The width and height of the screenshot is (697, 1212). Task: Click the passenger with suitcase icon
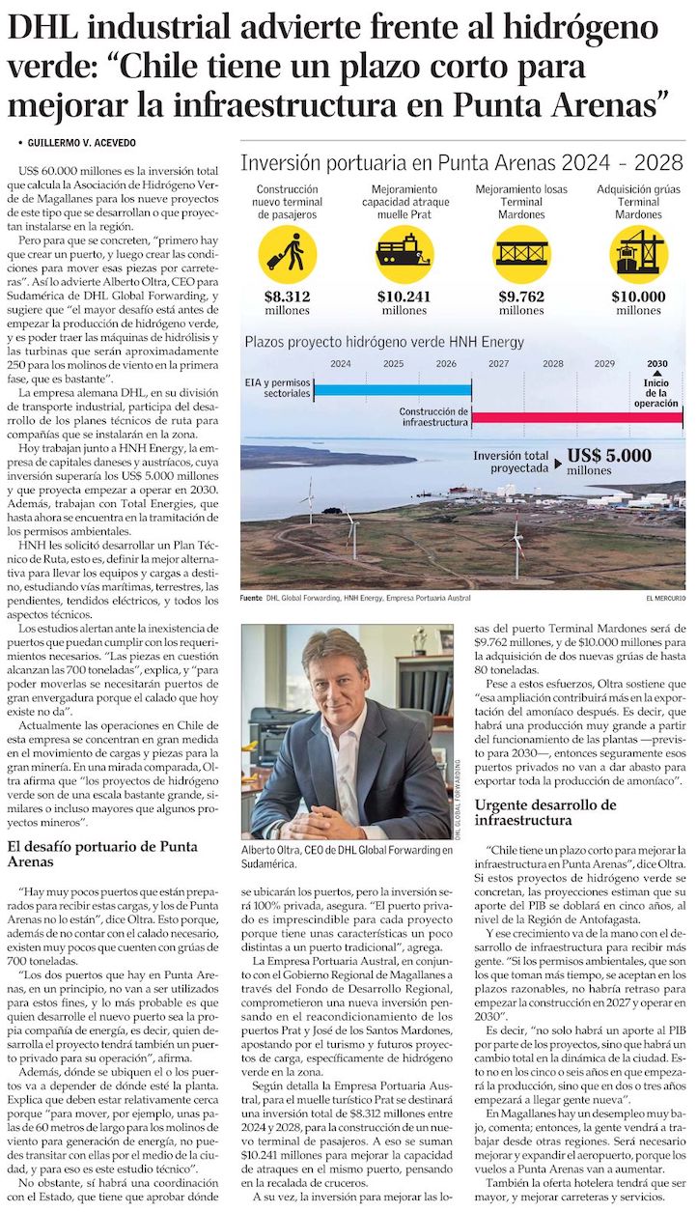pos(287,253)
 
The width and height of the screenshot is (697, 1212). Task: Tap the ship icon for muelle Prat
pos(404,253)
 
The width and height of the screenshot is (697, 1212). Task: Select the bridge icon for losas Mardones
pos(521,253)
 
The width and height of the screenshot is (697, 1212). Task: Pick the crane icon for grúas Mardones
pos(638,253)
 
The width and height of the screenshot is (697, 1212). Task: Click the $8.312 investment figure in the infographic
pos(287,296)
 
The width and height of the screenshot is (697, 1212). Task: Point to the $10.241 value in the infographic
pos(404,296)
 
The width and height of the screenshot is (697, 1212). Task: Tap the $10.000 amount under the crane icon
pos(638,296)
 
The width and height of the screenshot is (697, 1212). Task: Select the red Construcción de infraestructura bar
pos(577,417)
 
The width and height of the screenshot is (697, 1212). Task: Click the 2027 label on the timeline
pos(499,364)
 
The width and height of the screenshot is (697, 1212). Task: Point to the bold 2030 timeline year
pos(657,364)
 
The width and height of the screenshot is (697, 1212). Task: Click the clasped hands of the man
pos(323,822)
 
